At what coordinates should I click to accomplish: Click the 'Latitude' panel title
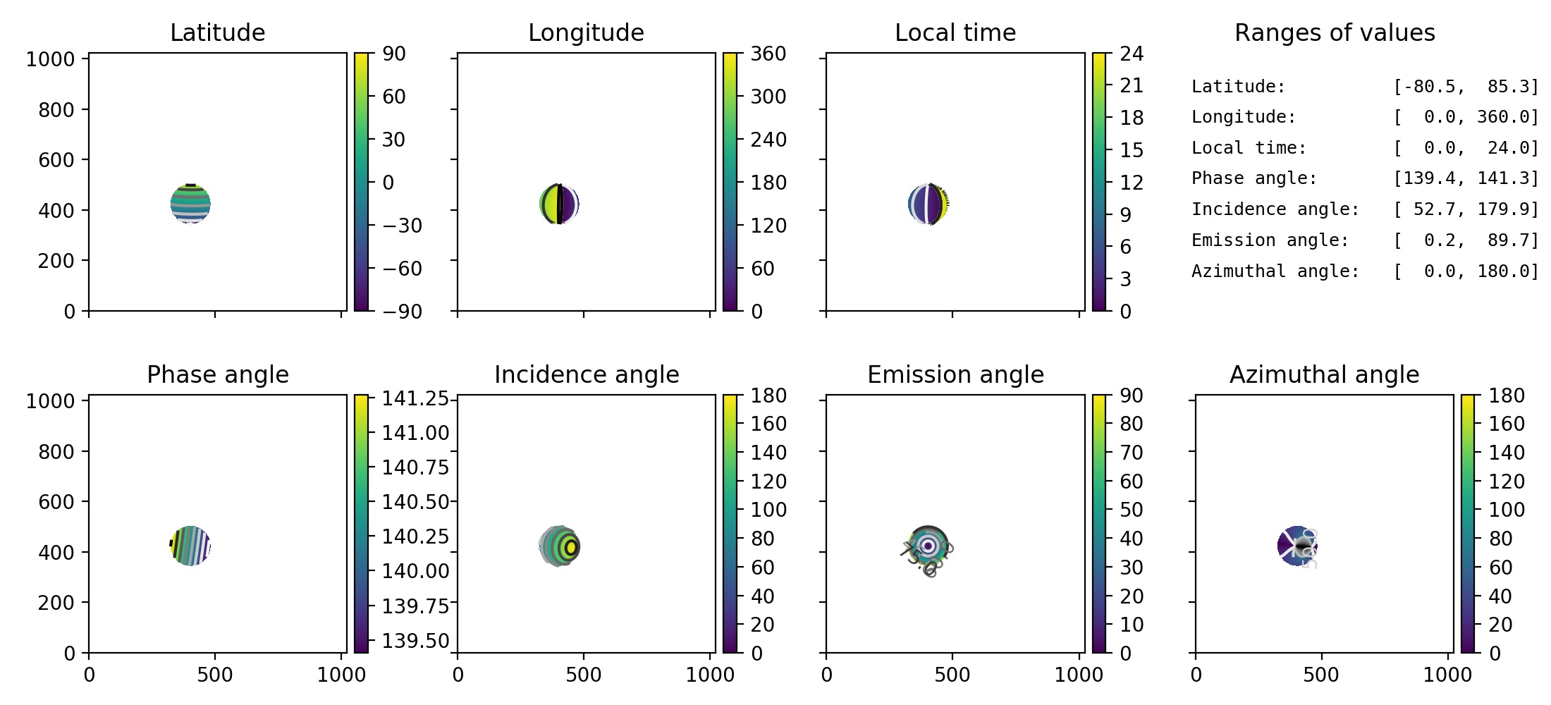coord(217,32)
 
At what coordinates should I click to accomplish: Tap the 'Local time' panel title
coord(955,32)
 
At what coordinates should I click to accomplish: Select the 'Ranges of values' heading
coord(1335,32)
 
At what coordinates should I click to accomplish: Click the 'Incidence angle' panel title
coord(587,374)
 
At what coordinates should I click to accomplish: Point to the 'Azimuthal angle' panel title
coord(1324,374)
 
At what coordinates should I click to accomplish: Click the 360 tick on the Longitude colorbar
coord(768,54)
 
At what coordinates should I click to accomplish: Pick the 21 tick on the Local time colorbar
coord(1132,85)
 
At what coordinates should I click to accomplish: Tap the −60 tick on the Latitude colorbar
coord(402,269)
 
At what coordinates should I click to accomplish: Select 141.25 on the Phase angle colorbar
coord(415,398)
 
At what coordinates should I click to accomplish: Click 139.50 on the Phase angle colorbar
coord(415,640)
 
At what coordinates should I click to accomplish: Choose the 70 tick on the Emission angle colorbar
coord(1132,452)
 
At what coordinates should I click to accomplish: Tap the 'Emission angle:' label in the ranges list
coord(1270,240)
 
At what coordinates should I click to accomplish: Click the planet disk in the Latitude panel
coord(190,204)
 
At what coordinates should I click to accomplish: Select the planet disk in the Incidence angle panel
coord(559,546)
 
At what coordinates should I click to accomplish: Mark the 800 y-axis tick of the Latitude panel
coord(56,109)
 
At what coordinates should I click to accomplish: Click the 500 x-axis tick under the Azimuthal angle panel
coord(1320,675)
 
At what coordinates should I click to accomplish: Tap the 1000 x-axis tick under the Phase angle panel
coord(341,675)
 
